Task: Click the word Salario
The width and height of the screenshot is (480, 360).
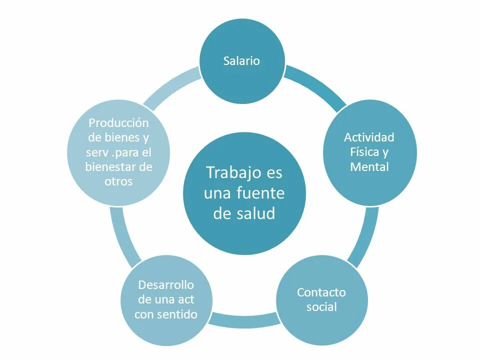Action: pos(242,61)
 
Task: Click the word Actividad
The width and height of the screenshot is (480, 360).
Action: pos(369,137)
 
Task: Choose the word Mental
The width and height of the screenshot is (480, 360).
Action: pos(369,167)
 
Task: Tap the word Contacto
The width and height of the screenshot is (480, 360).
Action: pos(321,292)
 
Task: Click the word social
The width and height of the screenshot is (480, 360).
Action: pos(321,307)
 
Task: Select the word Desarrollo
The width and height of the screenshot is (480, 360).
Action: pos(165,285)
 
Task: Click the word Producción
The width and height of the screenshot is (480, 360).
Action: pos(119,122)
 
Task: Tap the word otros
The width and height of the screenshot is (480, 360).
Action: pos(119,181)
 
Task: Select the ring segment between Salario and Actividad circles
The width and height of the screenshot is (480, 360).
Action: pos(316,84)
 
